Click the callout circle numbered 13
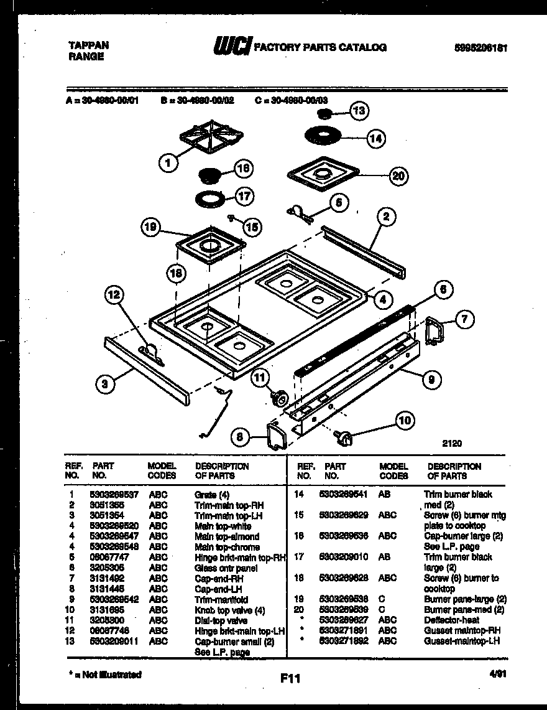(x=359, y=111)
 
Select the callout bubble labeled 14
(x=375, y=139)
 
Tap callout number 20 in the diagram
(x=398, y=176)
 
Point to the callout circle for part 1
(x=167, y=164)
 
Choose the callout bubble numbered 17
(x=244, y=197)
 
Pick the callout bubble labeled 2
(x=386, y=217)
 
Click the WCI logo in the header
(x=232, y=47)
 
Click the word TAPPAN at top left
(x=87, y=45)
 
